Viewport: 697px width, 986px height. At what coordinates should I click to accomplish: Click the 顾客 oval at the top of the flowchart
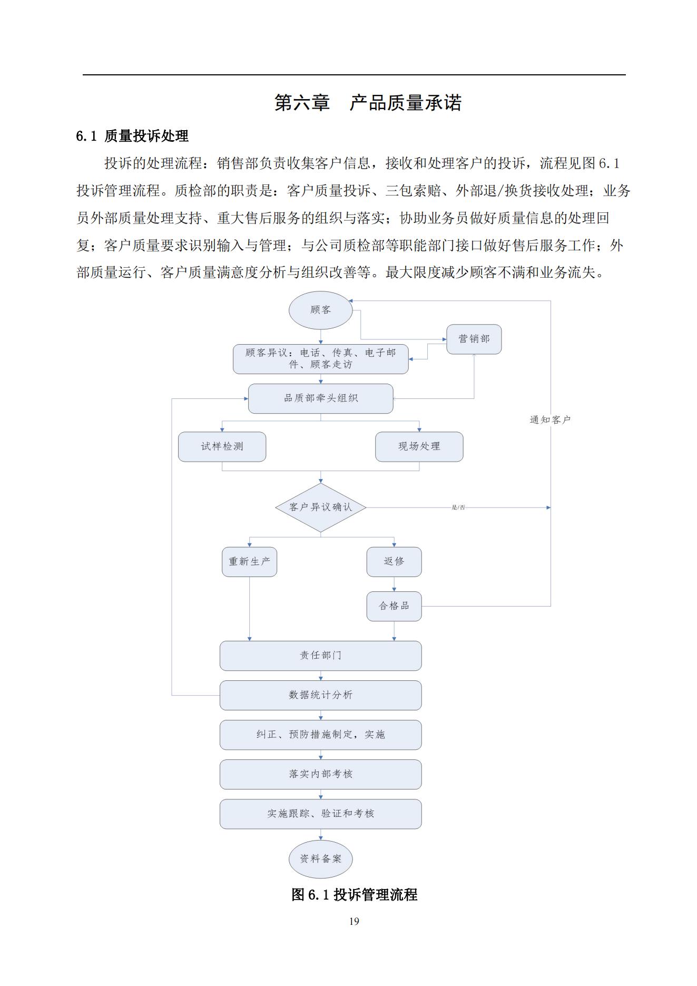click(320, 310)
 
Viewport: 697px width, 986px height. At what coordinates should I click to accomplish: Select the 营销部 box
click(474, 339)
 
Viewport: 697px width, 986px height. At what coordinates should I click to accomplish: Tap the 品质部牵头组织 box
click(320, 398)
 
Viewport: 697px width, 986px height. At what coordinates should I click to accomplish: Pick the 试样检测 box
click(222, 447)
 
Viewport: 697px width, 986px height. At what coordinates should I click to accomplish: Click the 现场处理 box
click(419, 447)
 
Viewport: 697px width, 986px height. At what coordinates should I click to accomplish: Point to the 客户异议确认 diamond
click(320, 507)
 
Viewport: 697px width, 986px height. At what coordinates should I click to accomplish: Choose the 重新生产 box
click(249, 562)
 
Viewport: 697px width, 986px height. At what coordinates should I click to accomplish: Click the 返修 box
click(394, 562)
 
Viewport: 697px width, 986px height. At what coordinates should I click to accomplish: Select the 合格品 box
click(394, 606)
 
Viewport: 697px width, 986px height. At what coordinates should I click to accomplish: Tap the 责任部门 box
click(320, 656)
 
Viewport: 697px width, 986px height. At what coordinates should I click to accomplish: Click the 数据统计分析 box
click(320, 695)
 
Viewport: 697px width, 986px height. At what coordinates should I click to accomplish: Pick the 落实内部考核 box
click(320, 774)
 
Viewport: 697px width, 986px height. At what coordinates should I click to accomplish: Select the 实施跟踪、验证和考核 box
click(320, 814)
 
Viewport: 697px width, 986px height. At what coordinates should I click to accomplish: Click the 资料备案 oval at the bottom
click(320, 859)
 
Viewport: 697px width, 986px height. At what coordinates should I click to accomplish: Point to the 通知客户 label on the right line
click(550, 420)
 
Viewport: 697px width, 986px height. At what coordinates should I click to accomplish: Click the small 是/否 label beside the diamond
click(458, 507)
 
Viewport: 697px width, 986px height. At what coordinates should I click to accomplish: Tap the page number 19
click(354, 921)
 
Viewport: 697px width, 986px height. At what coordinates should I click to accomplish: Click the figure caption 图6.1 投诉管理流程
click(354, 894)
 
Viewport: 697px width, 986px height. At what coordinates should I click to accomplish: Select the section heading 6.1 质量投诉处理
click(132, 136)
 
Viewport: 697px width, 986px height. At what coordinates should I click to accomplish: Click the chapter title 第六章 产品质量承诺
click(368, 102)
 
